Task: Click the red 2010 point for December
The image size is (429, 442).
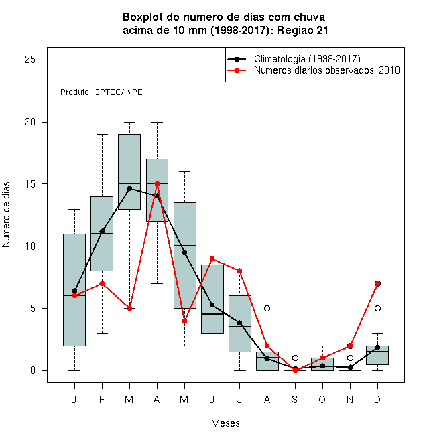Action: click(377, 283)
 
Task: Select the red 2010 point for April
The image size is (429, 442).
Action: click(158, 183)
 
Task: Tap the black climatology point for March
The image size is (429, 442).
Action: click(129, 188)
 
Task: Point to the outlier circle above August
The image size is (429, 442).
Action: click(267, 308)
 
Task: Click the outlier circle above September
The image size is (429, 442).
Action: click(295, 358)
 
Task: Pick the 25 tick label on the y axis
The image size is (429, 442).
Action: click(30, 60)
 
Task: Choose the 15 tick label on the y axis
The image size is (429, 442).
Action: click(30, 183)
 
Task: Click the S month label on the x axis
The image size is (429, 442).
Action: click(295, 399)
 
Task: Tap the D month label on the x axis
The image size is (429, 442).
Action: click(377, 399)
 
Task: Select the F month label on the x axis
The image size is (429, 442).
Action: click(102, 399)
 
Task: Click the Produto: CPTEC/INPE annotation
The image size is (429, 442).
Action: click(101, 92)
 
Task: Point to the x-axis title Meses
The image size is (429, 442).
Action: click(225, 423)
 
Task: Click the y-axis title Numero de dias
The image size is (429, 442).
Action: click(6, 215)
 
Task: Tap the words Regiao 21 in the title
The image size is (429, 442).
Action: click(302, 30)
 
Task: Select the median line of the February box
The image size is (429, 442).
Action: click(102, 234)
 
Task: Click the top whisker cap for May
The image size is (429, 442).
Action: click(184, 171)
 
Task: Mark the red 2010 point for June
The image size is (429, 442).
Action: click(212, 259)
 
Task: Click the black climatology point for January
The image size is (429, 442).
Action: click(74, 291)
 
